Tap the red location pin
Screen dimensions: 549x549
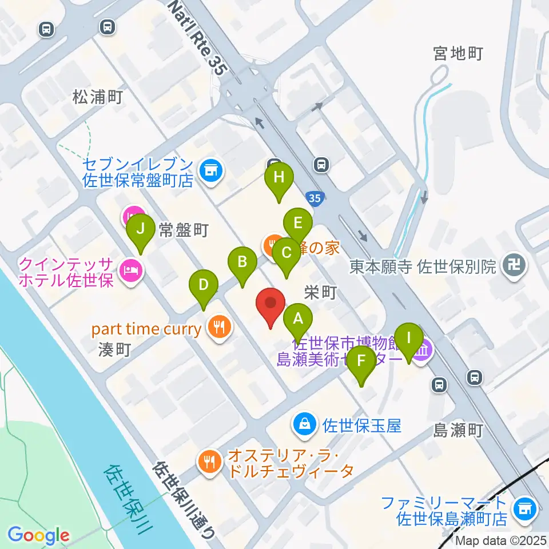[x=271, y=307]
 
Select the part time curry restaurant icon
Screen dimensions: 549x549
[x=220, y=328]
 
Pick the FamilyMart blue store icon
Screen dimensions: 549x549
[x=523, y=507]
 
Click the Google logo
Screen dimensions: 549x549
[x=38, y=535]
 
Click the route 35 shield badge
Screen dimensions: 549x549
[x=313, y=198]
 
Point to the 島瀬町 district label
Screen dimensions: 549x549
[x=459, y=429]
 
